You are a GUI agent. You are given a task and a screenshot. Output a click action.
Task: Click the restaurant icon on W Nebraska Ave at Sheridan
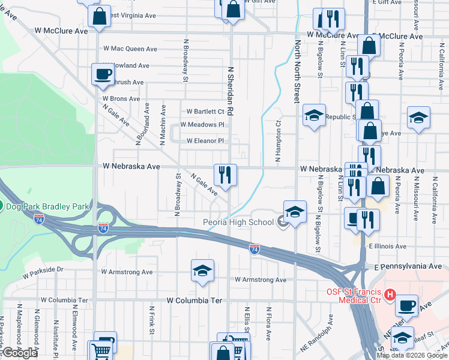[226, 175]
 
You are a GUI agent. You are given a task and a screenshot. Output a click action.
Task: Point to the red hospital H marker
[390, 295]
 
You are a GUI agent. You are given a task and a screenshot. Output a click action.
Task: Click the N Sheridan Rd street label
[230, 92]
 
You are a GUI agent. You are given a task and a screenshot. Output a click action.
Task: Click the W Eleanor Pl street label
[205, 141]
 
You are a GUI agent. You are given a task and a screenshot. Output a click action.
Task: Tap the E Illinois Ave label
[388, 246]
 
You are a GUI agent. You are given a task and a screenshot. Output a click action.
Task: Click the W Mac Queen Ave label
[130, 49]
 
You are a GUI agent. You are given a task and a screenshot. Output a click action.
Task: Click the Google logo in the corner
[20, 353]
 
